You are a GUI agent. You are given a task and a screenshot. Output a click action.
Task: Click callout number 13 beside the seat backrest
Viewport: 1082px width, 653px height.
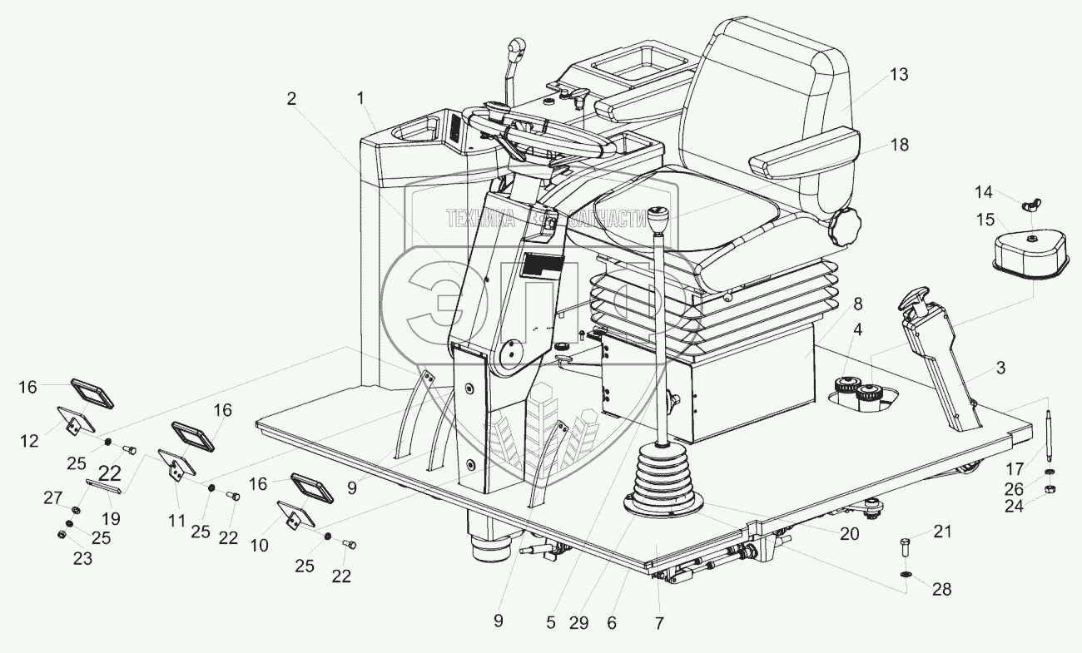pos(899,75)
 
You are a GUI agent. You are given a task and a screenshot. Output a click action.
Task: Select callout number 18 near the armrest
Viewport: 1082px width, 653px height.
pos(899,145)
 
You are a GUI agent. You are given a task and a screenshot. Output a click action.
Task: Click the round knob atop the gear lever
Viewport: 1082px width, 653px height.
pos(663,220)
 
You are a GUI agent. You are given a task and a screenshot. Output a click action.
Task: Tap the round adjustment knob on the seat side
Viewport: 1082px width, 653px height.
pos(844,224)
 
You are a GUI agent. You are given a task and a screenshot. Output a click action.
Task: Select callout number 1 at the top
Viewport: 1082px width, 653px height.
pos(360,98)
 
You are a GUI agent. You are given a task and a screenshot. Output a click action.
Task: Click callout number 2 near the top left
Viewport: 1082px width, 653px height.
pos(290,98)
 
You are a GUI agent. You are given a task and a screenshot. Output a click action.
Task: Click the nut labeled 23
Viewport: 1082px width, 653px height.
pos(62,534)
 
